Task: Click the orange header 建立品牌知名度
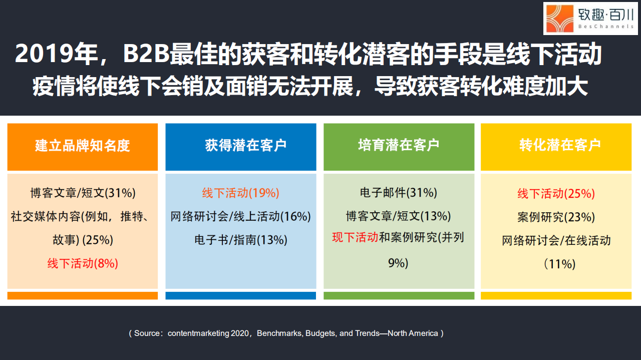click(83, 146)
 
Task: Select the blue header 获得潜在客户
click(240, 146)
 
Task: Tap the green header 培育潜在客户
click(399, 146)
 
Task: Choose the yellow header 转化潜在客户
click(560, 146)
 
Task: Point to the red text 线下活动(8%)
click(83, 263)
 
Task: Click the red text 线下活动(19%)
click(240, 193)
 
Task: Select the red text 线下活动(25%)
click(556, 193)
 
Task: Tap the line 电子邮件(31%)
click(399, 193)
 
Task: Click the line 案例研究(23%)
click(556, 217)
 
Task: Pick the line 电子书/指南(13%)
click(240, 240)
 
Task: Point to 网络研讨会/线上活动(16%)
click(240, 216)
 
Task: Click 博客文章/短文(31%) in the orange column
click(83, 193)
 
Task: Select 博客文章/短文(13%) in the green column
click(399, 216)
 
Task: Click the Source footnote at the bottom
click(286, 333)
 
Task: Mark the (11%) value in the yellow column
click(560, 264)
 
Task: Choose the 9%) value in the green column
click(399, 263)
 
